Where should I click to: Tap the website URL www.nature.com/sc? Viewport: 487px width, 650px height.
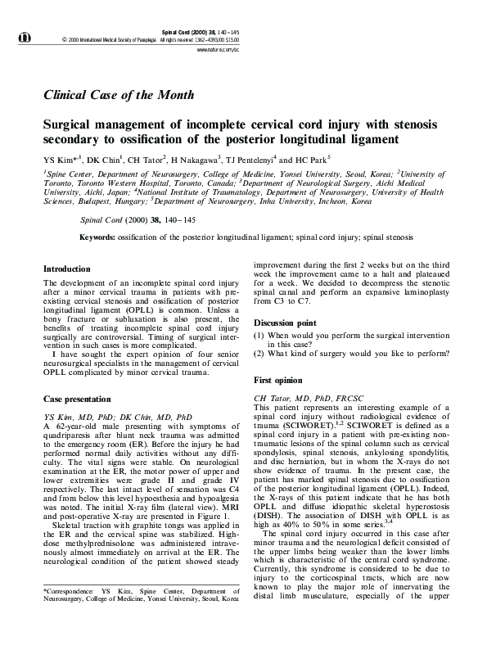tap(218, 50)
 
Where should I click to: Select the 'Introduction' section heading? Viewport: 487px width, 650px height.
tap(66, 269)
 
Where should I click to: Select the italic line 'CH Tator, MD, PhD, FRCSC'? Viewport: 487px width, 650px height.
tap(304, 397)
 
